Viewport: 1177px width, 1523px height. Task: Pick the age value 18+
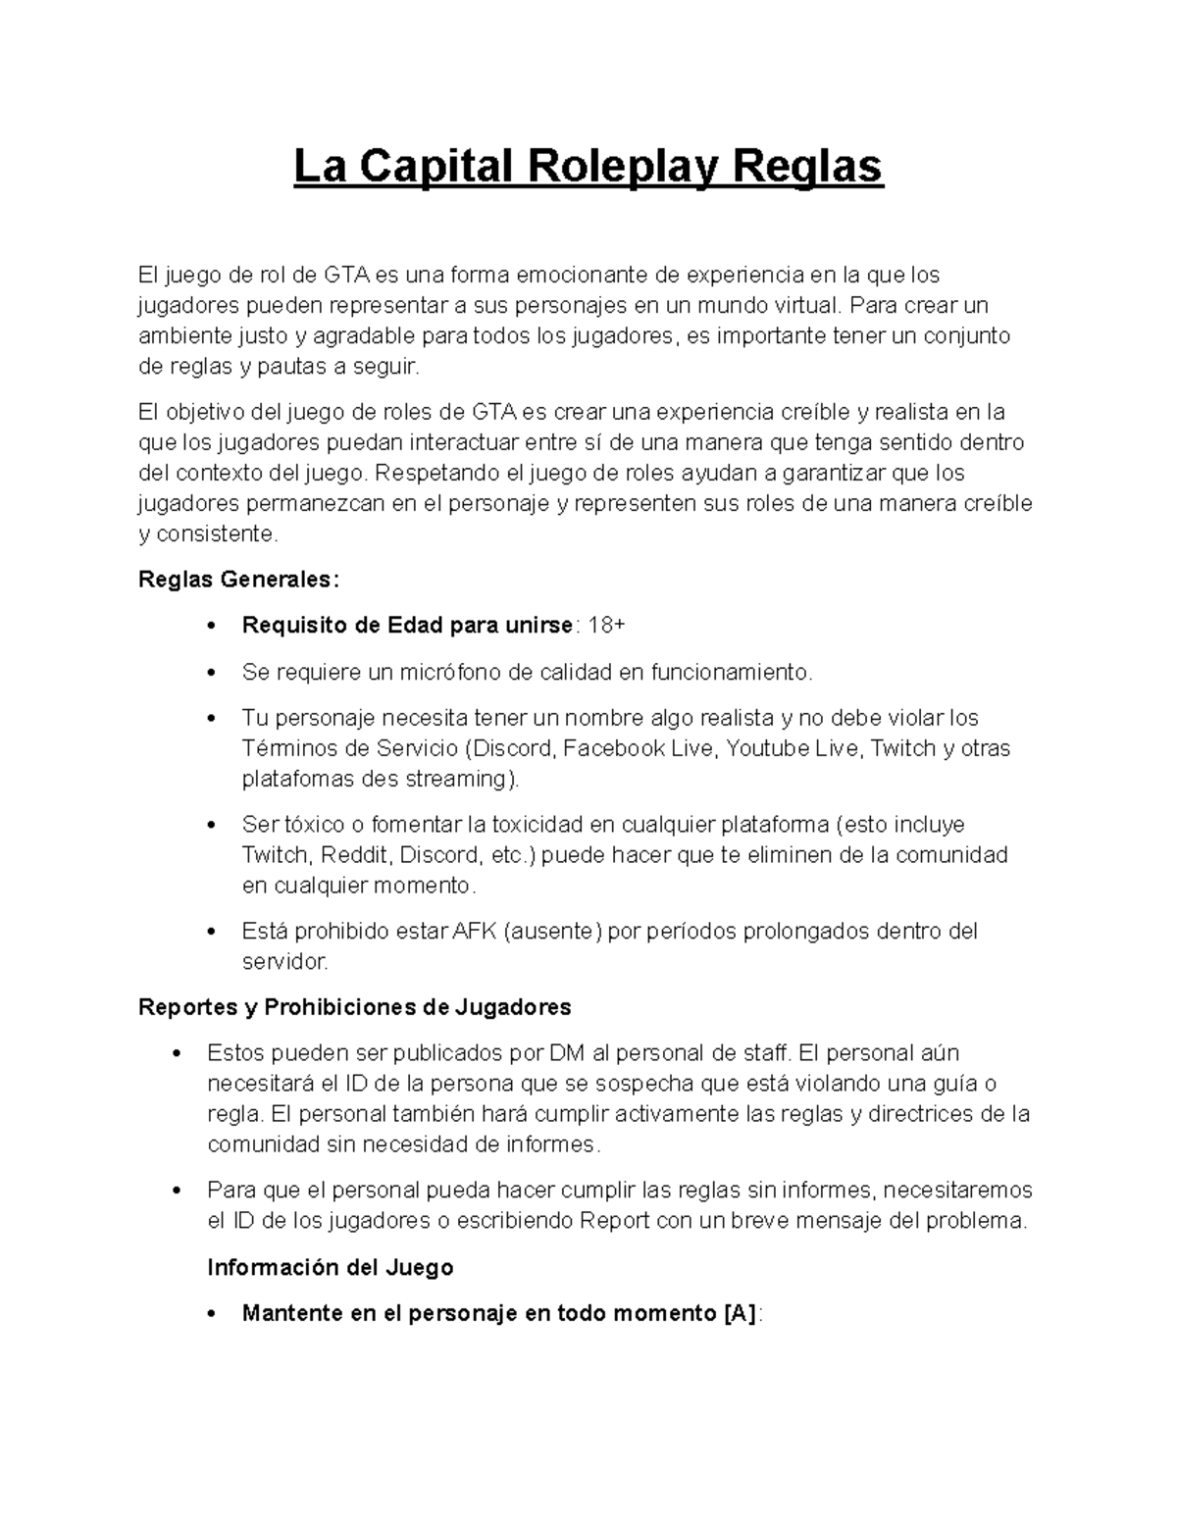(605, 625)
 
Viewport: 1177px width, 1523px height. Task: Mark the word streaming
(457, 779)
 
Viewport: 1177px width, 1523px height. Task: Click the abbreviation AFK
(476, 931)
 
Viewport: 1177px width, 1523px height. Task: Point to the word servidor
(284, 961)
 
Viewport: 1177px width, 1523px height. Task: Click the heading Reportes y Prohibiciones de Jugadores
(355, 1007)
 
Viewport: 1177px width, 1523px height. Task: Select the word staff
(765, 1053)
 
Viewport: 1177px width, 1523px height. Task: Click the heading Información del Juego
(331, 1267)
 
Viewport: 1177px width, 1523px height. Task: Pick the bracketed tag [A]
(740, 1313)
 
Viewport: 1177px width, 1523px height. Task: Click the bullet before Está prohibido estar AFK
(213, 932)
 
